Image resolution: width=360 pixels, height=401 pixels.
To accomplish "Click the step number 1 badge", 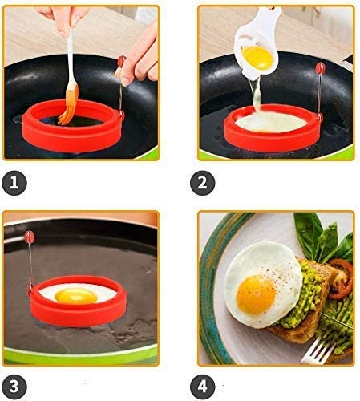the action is pyautogui.click(x=14, y=183).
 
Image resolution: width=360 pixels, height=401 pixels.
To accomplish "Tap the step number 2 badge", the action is pyautogui.click(x=203, y=183).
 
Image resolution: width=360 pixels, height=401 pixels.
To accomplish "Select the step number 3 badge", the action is pyautogui.click(x=14, y=387).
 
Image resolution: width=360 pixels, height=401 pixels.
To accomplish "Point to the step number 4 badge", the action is pyautogui.click(x=203, y=387).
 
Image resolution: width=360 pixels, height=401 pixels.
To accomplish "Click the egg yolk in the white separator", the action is pyautogui.click(x=257, y=58).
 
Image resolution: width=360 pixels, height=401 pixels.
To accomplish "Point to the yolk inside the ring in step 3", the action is pyautogui.click(x=76, y=296).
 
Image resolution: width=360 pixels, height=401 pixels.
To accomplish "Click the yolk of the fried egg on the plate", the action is pyautogui.click(x=256, y=295).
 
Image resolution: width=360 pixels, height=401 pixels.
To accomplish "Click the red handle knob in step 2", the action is pyautogui.click(x=320, y=68).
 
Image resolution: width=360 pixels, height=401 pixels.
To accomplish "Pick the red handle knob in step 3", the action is pyautogui.click(x=30, y=237).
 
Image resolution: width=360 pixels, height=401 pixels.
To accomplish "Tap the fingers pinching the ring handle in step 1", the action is pyautogui.click(x=139, y=62).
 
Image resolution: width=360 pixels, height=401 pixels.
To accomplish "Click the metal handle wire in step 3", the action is pyautogui.click(x=30, y=263).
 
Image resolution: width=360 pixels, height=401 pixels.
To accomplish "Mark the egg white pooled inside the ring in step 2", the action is pyautogui.click(x=270, y=123).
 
